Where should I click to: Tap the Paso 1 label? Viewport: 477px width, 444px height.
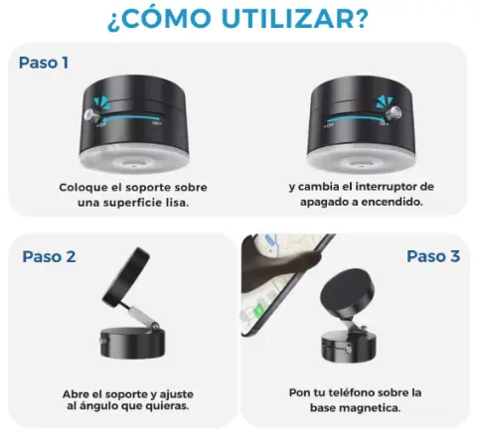coord(44,63)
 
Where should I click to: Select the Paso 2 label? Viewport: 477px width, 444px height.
coord(49,256)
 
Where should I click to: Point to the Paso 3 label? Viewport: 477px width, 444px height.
coord(433,256)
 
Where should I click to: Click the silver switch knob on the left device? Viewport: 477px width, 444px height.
coord(91,116)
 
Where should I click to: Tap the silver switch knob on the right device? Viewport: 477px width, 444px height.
coord(394,113)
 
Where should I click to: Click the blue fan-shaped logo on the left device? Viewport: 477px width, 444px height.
coord(101,102)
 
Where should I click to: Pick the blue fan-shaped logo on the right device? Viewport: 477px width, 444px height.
coord(384,101)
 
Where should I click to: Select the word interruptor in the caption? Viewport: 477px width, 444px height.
coord(386,187)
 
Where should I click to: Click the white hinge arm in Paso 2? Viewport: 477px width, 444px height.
coord(142,315)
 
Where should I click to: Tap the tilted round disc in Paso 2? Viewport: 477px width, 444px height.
coord(126,277)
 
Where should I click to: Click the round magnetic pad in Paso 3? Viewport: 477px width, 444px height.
coord(347,293)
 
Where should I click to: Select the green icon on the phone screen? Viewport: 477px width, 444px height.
coord(258,312)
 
